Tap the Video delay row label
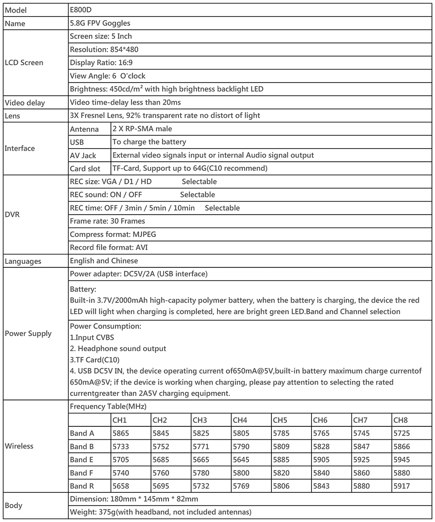tap(25, 103)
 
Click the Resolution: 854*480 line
tap(104, 50)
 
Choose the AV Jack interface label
tap(83, 155)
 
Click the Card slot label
tap(85, 168)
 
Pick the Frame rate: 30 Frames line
tap(107, 221)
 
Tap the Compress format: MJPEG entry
tap(113, 234)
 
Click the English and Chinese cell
tap(104, 261)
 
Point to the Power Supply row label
tap(28, 333)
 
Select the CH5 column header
tap(280, 420)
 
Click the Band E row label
tap(82, 459)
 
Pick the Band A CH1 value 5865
tap(121, 433)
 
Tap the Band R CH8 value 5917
tap(402, 486)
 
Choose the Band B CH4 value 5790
tap(241, 446)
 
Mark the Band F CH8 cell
tap(402, 472)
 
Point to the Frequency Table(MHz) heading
tap(108, 406)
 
